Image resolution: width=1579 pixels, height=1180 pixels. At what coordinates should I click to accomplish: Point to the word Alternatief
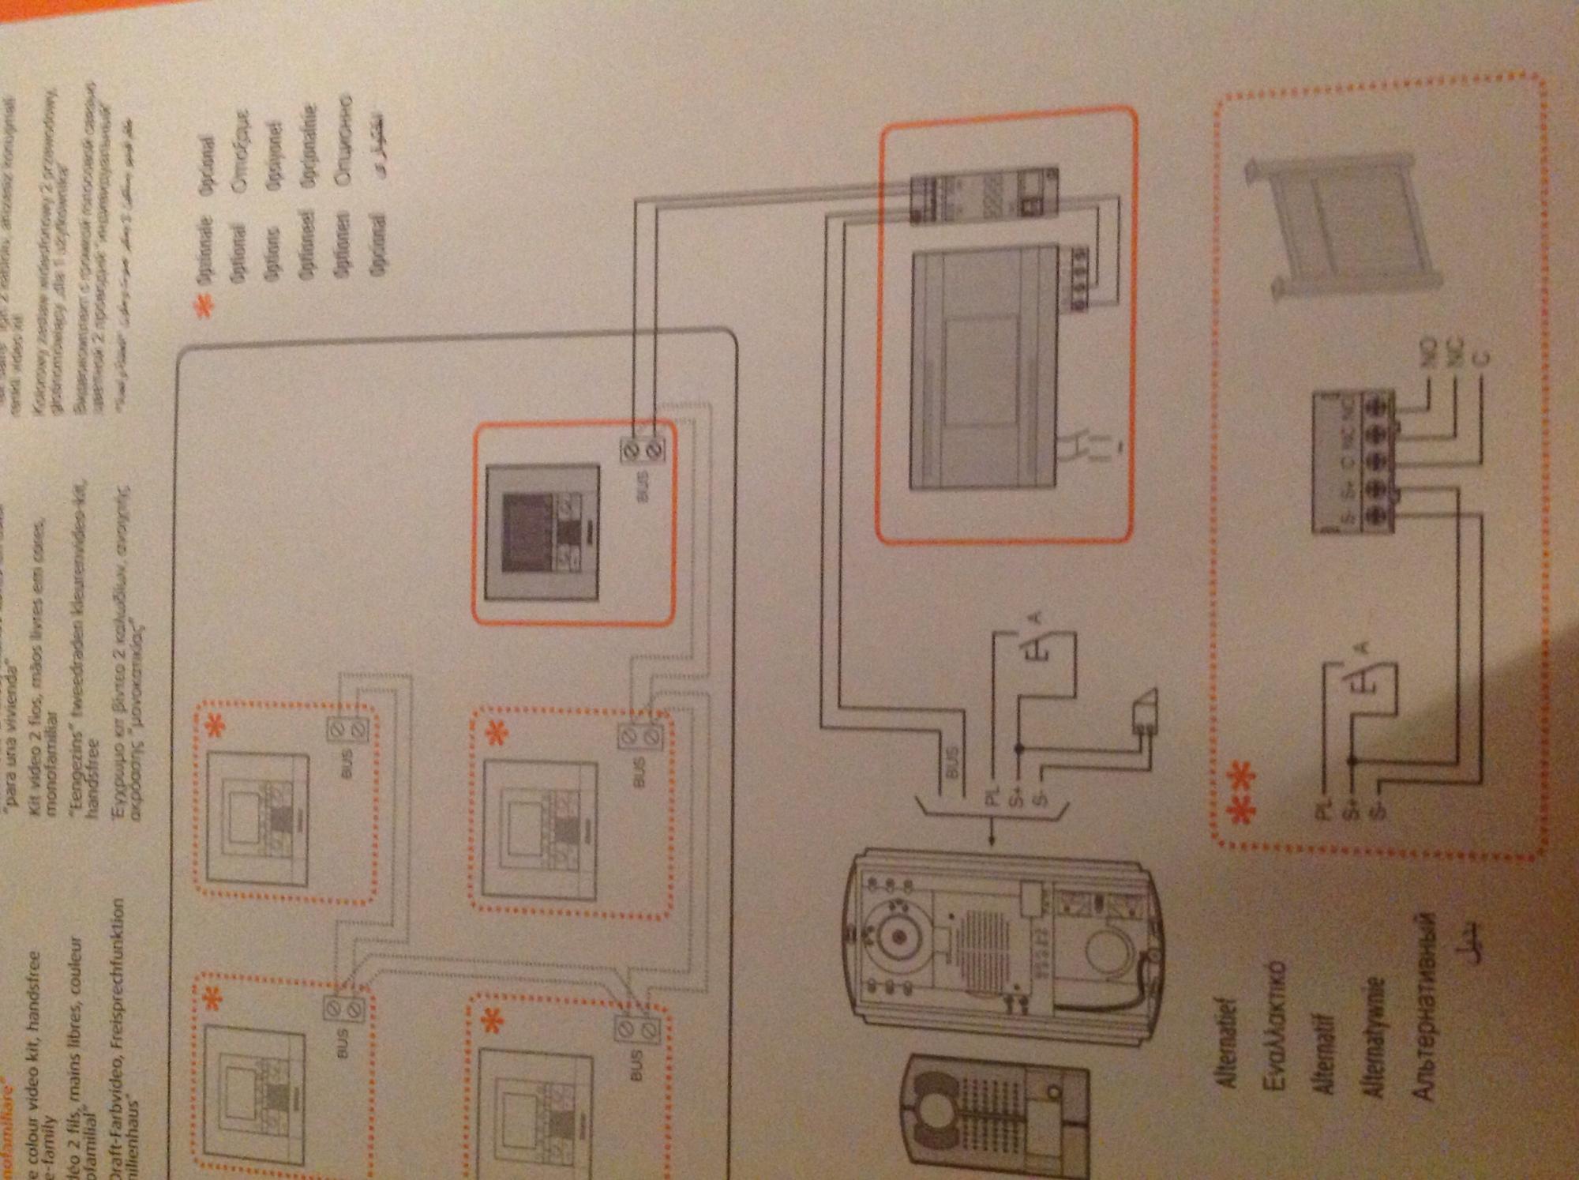1228,1035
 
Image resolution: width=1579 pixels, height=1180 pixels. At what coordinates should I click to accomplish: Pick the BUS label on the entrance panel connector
953,764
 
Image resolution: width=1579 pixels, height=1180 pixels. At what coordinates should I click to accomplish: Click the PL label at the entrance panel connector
992,796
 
